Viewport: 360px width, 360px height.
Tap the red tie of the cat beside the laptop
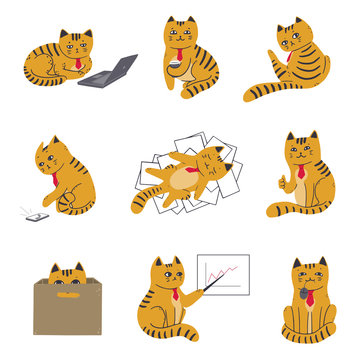(77, 66)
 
